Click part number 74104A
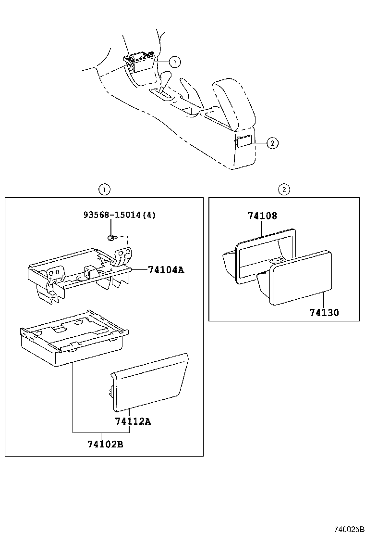point(166,270)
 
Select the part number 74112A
point(133,422)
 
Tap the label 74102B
point(105,444)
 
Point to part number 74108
point(262,216)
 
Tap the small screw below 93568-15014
point(111,238)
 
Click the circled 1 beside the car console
point(175,62)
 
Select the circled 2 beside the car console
point(272,142)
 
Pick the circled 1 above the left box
point(104,190)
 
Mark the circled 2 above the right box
point(284,190)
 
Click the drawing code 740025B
point(348,529)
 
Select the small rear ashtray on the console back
point(243,141)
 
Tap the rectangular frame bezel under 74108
point(264,255)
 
